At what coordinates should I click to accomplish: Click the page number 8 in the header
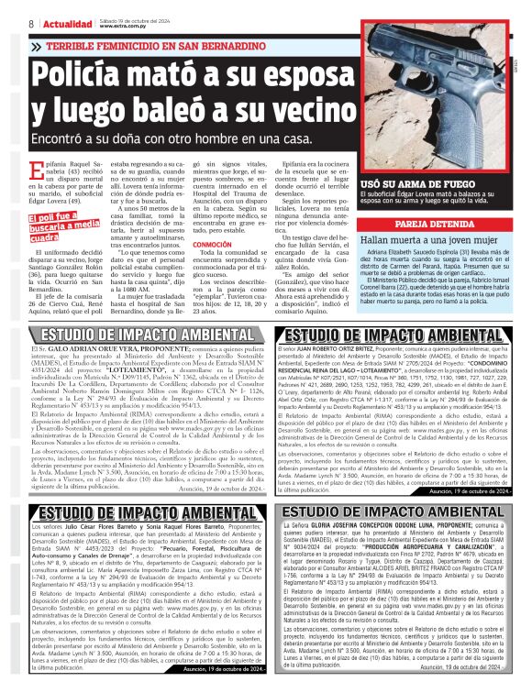click(31, 23)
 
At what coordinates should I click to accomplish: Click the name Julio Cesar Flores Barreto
click(102, 528)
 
